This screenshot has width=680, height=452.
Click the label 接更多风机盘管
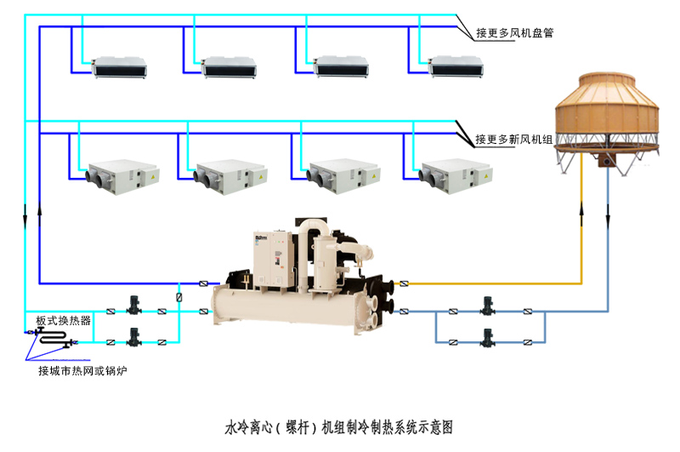coord(515,33)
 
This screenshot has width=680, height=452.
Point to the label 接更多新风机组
coord(515,139)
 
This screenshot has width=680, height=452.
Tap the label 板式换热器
coord(63,321)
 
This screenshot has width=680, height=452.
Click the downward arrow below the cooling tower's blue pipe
coord(609,219)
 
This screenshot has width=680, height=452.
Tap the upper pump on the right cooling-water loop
coord(486,306)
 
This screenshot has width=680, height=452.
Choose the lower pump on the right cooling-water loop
coord(486,337)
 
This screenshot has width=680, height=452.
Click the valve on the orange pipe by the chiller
coord(404,283)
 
